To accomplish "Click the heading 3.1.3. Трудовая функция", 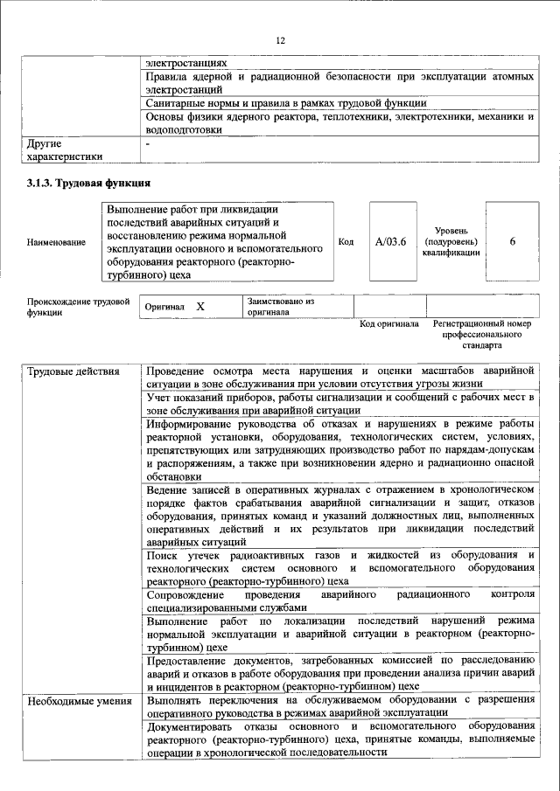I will pos(88,184).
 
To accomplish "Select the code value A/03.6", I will pos(391,241).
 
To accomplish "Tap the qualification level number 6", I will pos(512,241).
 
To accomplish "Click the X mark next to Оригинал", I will pos(200,308).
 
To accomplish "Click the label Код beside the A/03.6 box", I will pos(346,241).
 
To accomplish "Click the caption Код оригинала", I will pos(389,324).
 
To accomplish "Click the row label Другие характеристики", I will pos(64,149).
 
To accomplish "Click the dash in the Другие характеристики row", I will pos(149,142).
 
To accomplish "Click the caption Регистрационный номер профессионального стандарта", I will pos(482,334).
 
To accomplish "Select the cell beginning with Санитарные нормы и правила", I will pos(340,103).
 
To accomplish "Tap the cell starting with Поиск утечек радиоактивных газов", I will pos(340,567).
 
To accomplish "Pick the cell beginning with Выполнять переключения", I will pos(340,706).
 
